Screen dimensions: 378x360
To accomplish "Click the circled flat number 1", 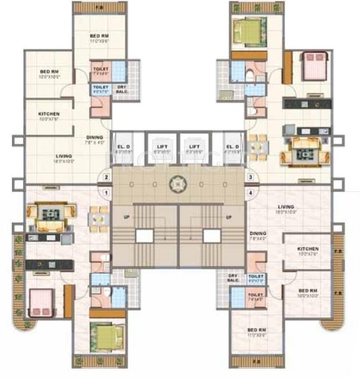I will click(106, 193).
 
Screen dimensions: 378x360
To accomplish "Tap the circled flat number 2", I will click(106, 177).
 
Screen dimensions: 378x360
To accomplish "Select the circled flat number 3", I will click(250, 177).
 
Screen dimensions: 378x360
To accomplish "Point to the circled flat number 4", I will click(250, 193).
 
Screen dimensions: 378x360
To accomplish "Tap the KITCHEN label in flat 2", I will click(49, 114).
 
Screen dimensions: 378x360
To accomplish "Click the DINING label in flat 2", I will click(94, 137).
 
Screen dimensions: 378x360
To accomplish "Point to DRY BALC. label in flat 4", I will click(233, 278).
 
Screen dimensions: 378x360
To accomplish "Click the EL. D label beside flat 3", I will click(232, 146).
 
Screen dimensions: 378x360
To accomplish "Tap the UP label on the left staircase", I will click(126, 217).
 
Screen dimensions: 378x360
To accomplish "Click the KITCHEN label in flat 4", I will click(307, 250).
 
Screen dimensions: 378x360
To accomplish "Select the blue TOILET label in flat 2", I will click(101, 88).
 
